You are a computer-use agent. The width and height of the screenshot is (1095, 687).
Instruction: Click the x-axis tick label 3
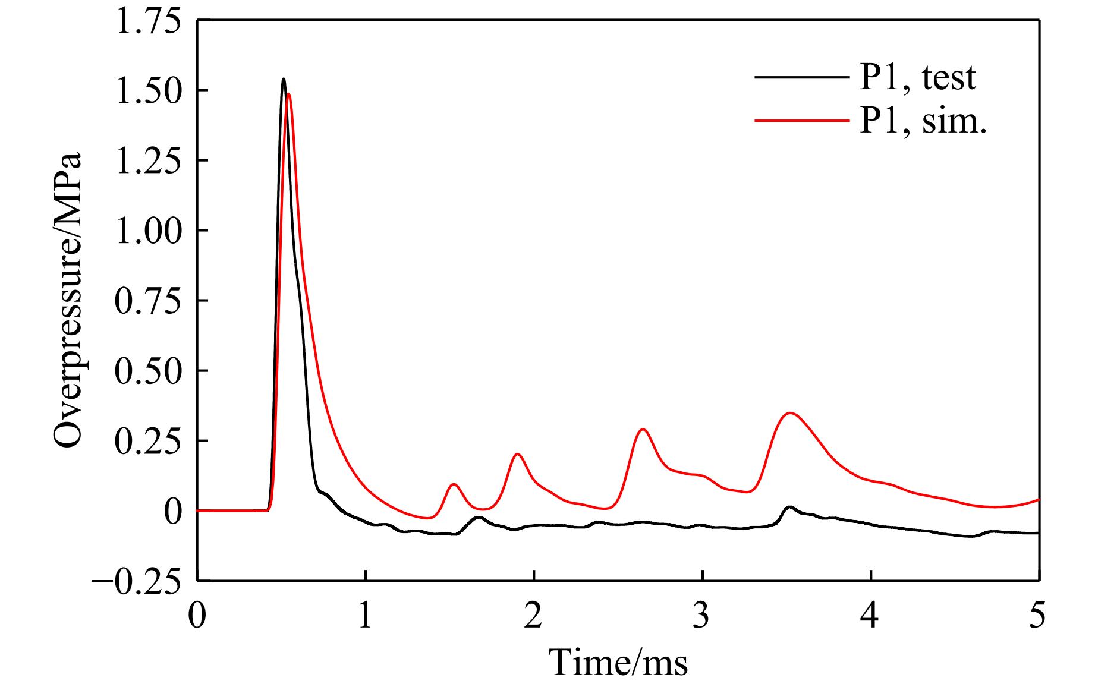pos(702,616)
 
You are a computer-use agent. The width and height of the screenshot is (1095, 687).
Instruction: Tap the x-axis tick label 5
pos(1038,616)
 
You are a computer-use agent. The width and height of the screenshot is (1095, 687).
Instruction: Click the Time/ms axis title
pos(618,663)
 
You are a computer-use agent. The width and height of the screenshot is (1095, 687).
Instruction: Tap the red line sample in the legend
pos(801,121)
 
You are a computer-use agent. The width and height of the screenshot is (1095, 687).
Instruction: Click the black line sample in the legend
pos(801,77)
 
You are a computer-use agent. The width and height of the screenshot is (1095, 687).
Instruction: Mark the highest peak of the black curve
pos(284,79)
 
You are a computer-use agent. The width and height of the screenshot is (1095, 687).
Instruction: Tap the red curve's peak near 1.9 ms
pos(518,454)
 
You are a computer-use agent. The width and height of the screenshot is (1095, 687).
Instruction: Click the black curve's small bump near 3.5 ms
pos(789,507)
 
